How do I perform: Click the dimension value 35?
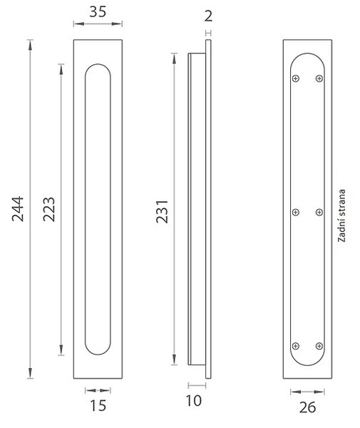(x=98, y=12)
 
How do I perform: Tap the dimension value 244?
(x=18, y=208)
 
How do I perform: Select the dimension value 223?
(x=49, y=209)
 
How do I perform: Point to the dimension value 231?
(x=162, y=212)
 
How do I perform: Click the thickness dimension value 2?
(x=208, y=16)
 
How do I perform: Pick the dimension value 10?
(x=194, y=401)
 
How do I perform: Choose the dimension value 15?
(x=98, y=406)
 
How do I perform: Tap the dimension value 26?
(x=307, y=408)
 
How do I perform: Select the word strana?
(x=341, y=203)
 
